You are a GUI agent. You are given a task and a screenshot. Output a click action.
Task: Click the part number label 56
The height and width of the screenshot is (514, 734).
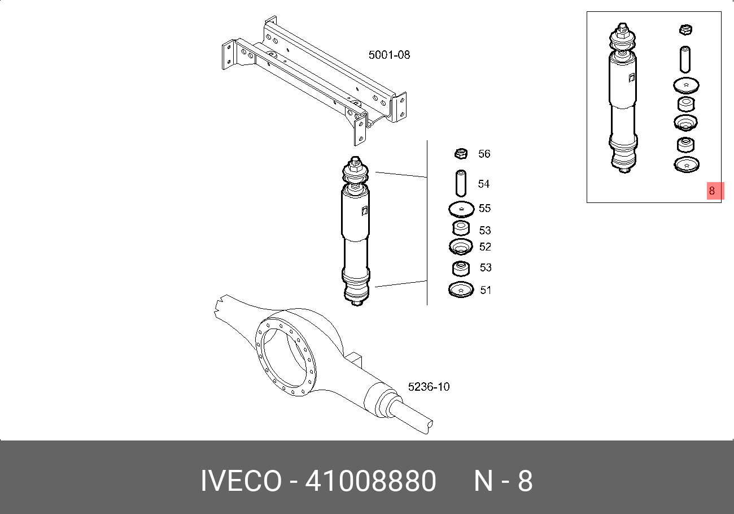[x=484, y=154]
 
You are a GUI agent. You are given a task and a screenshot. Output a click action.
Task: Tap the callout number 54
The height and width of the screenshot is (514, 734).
[x=484, y=184]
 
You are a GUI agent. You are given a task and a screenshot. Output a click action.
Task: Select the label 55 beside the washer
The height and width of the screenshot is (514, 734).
[x=484, y=208]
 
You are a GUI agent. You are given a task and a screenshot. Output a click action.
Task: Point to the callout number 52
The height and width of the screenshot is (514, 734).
[x=485, y=247]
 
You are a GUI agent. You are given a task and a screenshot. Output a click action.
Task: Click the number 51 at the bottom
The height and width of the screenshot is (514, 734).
[x=486, y=290]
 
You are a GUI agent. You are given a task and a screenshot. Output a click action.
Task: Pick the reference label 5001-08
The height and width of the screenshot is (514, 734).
[x=389, y=55]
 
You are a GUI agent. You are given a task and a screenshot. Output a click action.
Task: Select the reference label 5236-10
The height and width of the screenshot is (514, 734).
[x=429, y=387]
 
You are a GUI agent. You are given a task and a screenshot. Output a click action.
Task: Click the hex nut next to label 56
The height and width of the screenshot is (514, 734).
[x=461, y=154]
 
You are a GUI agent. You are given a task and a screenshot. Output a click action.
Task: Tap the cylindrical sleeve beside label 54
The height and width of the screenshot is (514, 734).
[x=461, y=183]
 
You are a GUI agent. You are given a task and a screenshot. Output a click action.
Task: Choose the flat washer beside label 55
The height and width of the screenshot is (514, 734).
[x=461, y=209]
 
